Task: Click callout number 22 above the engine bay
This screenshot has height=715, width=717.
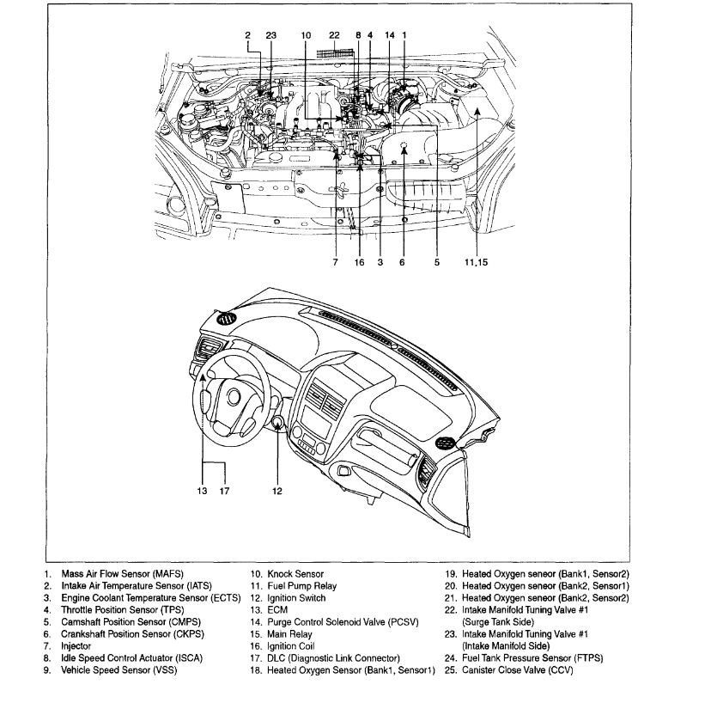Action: (335, 35)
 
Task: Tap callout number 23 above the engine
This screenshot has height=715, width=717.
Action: (271, 35)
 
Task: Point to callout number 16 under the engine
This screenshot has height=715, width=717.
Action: (360, 263)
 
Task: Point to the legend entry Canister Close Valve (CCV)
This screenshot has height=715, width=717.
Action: (517, 670)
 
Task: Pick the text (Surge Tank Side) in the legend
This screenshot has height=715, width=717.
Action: (499, 622)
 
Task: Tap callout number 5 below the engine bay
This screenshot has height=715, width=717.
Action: (436, 263)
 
